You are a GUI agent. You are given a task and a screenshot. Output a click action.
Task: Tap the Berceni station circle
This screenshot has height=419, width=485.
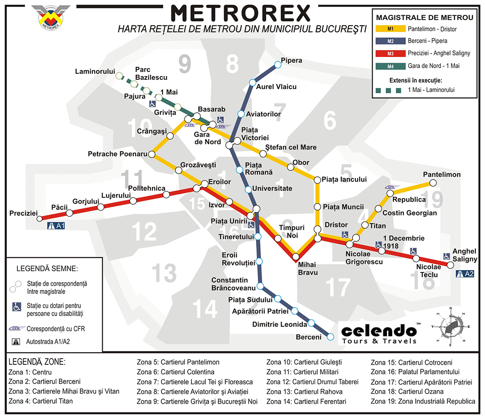331,336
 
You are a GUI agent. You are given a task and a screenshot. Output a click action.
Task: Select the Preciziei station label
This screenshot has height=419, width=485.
23,213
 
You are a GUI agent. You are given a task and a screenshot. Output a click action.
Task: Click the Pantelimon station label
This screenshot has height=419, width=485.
441,174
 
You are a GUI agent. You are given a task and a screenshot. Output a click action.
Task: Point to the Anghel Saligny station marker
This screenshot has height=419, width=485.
450,265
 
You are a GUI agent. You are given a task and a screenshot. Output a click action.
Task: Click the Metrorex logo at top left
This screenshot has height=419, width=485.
51,17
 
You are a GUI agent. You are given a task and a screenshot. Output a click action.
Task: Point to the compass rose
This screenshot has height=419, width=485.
449,328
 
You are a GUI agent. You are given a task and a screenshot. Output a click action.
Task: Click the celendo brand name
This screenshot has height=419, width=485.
379,330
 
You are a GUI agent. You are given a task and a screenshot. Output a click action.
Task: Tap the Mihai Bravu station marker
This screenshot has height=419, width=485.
296,256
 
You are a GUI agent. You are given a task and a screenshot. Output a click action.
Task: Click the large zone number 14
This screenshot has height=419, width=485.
204,308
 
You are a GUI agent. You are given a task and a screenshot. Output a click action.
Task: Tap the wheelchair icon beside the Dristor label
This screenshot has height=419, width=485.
345,234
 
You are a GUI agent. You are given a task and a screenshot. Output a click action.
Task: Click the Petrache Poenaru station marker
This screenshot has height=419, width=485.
151,154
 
